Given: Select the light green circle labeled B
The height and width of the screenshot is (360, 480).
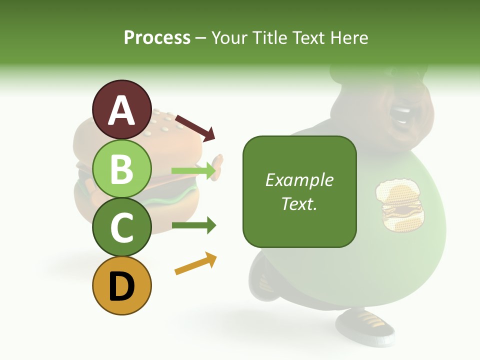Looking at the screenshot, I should point(121,168).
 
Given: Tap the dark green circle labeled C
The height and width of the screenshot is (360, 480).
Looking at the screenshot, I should point(121,227).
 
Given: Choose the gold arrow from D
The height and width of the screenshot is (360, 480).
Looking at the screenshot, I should point(195,263).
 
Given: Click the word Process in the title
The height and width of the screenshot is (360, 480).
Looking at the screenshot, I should point(157,37).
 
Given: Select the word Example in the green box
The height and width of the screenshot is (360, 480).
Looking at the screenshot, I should point(299,180).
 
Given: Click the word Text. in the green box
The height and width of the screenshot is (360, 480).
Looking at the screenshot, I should point(299,203).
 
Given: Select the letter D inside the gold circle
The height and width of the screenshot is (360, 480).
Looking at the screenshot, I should point(121,287).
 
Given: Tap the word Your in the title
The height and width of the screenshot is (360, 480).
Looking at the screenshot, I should point(230,37).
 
